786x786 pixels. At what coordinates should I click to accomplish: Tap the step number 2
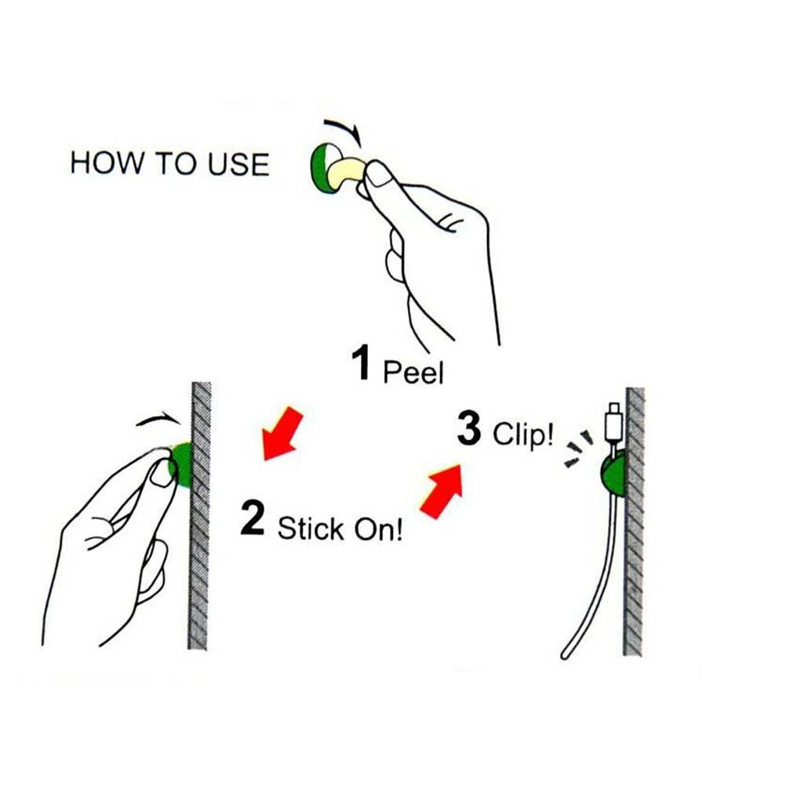tap(253, 521)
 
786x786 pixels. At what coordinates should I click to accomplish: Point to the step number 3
tap(468, 430)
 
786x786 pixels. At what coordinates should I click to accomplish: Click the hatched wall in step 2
tap(198, 549)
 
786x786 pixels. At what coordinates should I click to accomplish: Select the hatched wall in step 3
tap(634, 549)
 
